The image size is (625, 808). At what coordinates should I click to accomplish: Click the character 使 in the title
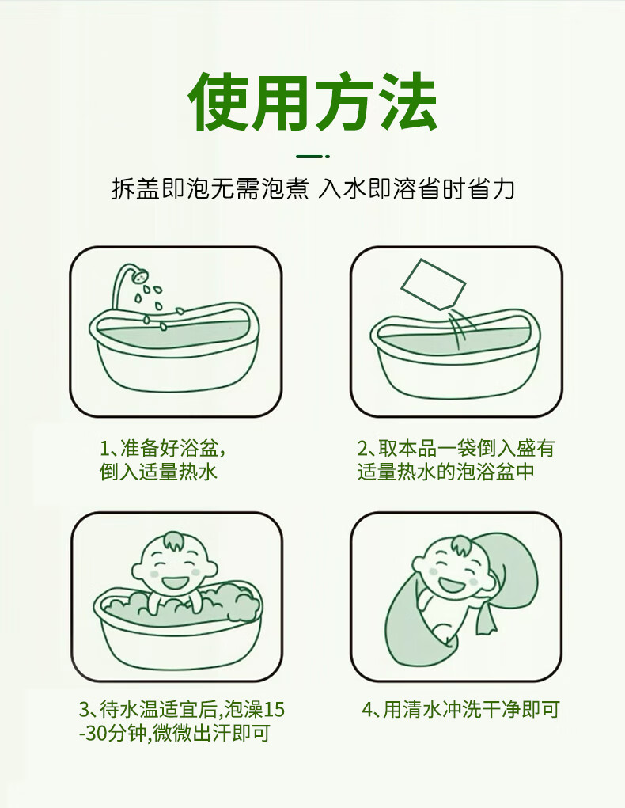[x=219, y=101]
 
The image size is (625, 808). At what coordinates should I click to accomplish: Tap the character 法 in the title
[x=408, y=101]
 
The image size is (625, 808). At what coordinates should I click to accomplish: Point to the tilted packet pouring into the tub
[x=433, y=285]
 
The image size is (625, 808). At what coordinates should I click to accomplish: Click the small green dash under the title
[x=312, y=156]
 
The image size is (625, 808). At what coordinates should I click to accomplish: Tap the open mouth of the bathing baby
[x=175, y=582]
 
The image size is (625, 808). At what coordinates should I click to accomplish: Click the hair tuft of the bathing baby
[x=173, y=541]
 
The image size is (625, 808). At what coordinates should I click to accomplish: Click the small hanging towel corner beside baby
[x=485, y=616]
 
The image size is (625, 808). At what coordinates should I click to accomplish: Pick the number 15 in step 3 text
[x=273, y=710]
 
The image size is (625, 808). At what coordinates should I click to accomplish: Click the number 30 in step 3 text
[x=96, y=733]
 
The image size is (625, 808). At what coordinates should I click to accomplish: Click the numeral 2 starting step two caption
[x=363, y=448]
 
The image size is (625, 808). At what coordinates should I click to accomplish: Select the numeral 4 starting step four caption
[x=367, y=710]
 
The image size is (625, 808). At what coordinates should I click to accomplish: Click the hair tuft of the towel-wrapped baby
[x=460, y=545]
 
